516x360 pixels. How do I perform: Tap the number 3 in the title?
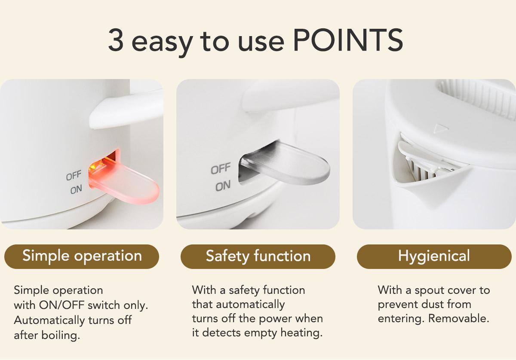pos(116,40)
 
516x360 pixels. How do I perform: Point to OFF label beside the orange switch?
pos(74,175)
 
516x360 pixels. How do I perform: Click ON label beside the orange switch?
pos(76,190)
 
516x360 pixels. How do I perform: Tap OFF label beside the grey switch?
pos(221,168)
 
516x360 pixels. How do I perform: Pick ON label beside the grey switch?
pos(223,186)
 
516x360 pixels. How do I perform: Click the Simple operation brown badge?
pos(82,256)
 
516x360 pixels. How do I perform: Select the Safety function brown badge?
pos(258,256)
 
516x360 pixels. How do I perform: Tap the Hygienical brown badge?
pos(434,256)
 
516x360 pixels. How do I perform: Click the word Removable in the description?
pos(459,319)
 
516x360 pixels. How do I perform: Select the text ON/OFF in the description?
pos(61,305)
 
